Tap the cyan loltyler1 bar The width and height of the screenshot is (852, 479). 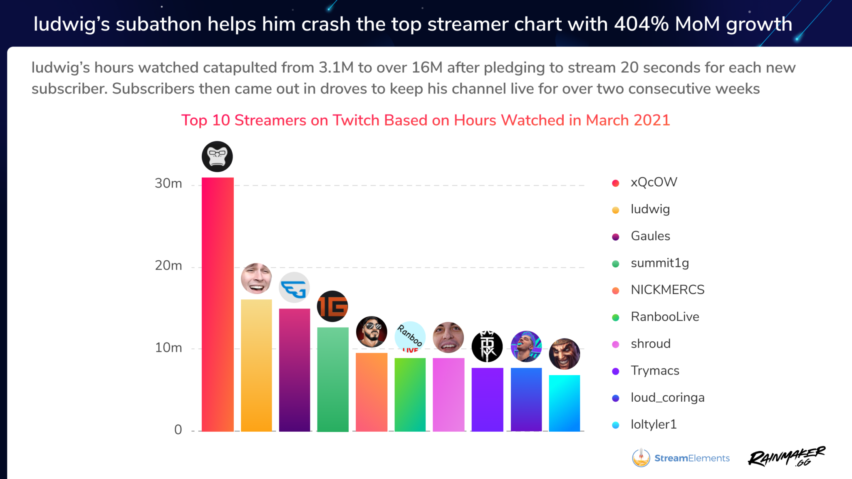564,403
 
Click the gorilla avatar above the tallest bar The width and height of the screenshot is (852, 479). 217,156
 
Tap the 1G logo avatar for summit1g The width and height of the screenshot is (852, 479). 332,306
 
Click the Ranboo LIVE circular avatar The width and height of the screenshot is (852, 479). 410,336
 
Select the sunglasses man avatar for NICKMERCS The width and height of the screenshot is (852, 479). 372,332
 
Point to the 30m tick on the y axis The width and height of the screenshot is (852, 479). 168,183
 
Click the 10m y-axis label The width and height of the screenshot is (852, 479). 168,348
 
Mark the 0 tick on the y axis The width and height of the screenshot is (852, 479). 178,430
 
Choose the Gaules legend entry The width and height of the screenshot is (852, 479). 650,236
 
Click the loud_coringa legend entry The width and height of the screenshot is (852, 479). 667,398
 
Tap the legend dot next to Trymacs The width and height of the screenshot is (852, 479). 616,371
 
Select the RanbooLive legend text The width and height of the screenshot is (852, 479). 664,317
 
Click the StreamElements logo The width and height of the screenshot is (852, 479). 681,458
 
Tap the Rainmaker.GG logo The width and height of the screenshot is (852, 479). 786,457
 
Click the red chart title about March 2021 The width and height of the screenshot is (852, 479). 426,120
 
